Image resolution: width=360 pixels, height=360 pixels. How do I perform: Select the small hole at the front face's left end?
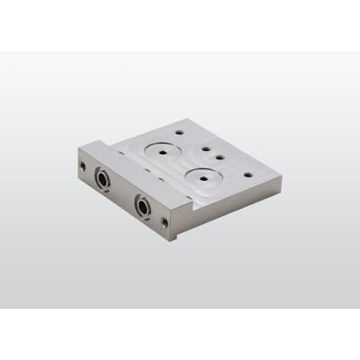click(83, 165)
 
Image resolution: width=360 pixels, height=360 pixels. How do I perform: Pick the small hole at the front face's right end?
click(166, 219)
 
